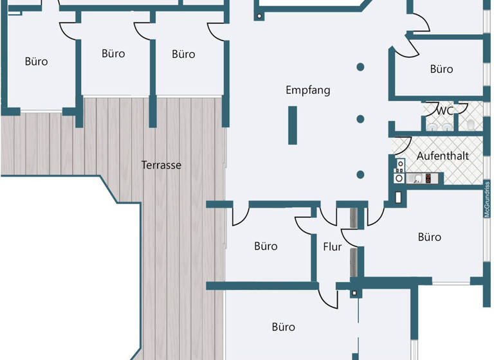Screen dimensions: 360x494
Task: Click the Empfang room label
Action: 307,90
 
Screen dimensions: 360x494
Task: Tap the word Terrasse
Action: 161,165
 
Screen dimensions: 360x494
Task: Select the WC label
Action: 445,111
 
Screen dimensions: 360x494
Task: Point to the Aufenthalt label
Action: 443,156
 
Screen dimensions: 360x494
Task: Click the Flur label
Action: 333,246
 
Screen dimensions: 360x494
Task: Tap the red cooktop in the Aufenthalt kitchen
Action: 428,179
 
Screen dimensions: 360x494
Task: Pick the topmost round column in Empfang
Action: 361,66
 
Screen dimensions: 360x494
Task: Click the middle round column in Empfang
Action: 361,119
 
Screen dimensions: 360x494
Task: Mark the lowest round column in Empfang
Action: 361,174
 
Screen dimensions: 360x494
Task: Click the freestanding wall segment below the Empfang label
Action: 292,125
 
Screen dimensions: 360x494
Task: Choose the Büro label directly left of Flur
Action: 266,246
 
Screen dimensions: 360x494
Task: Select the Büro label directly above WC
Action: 441,69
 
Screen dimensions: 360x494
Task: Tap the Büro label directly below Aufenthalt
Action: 430,237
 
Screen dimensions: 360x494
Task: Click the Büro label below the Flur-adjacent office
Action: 283,327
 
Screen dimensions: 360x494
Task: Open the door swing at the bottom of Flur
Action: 329,296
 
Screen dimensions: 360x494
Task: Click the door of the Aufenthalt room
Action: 401,147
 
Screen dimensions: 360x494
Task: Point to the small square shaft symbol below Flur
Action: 353,293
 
